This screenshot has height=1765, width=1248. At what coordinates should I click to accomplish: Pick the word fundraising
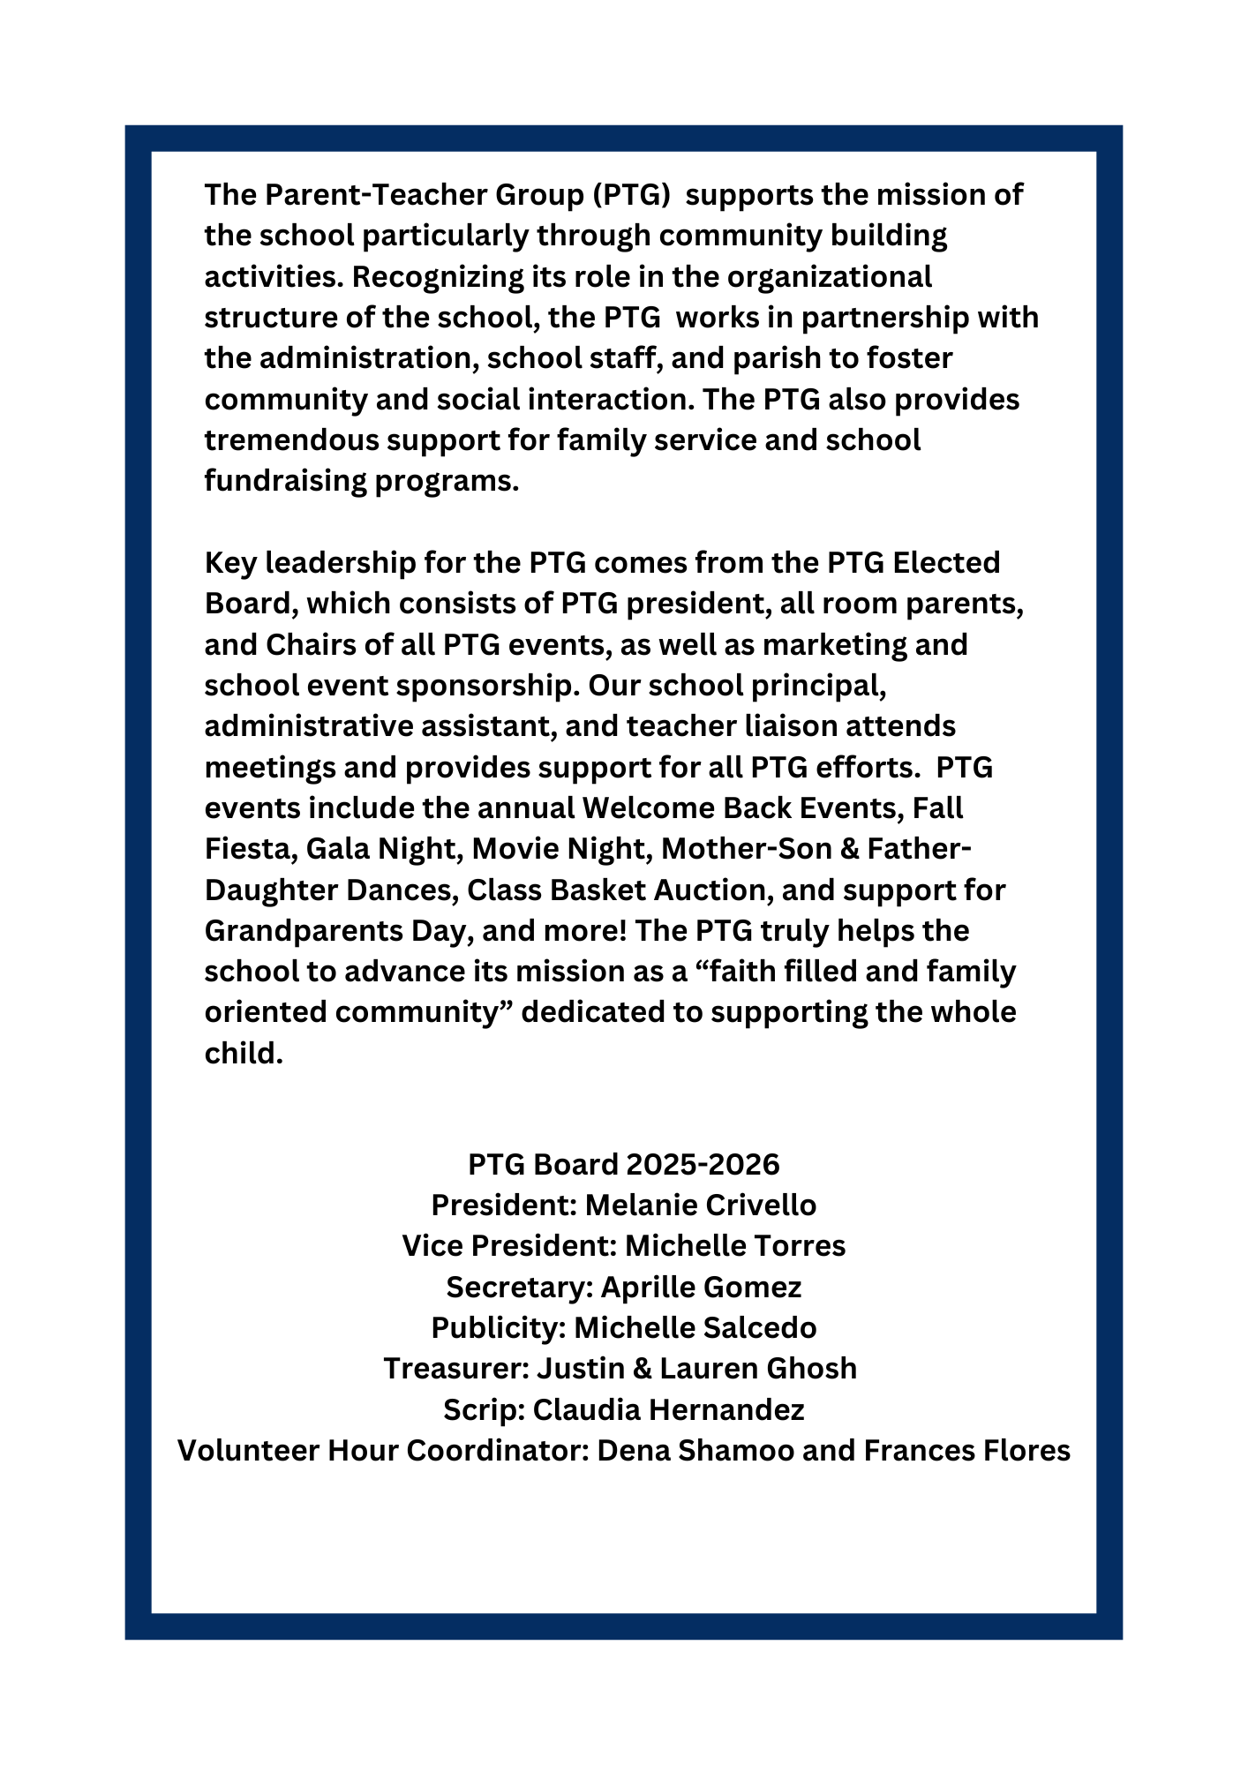click(x=286, y=481)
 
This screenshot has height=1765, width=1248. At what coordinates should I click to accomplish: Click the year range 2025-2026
click(x=703, y=1165)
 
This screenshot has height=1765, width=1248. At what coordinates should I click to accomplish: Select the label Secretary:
click(x=519, y=1288)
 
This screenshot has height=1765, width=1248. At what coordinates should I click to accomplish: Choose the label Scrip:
click(x=485, y=1410)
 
